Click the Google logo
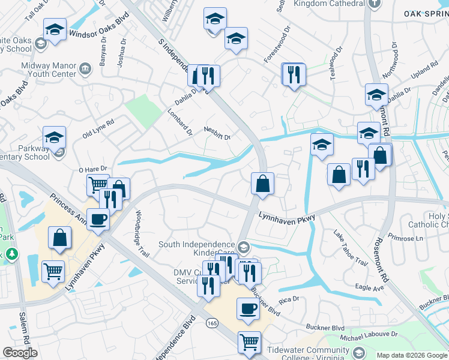[x=20, y=353]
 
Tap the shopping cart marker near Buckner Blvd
[x=249, y=343]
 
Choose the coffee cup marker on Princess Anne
[x=98, y=220]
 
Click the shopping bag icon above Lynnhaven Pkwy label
[x=262, y=183]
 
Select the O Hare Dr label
[x=92, y=169]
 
